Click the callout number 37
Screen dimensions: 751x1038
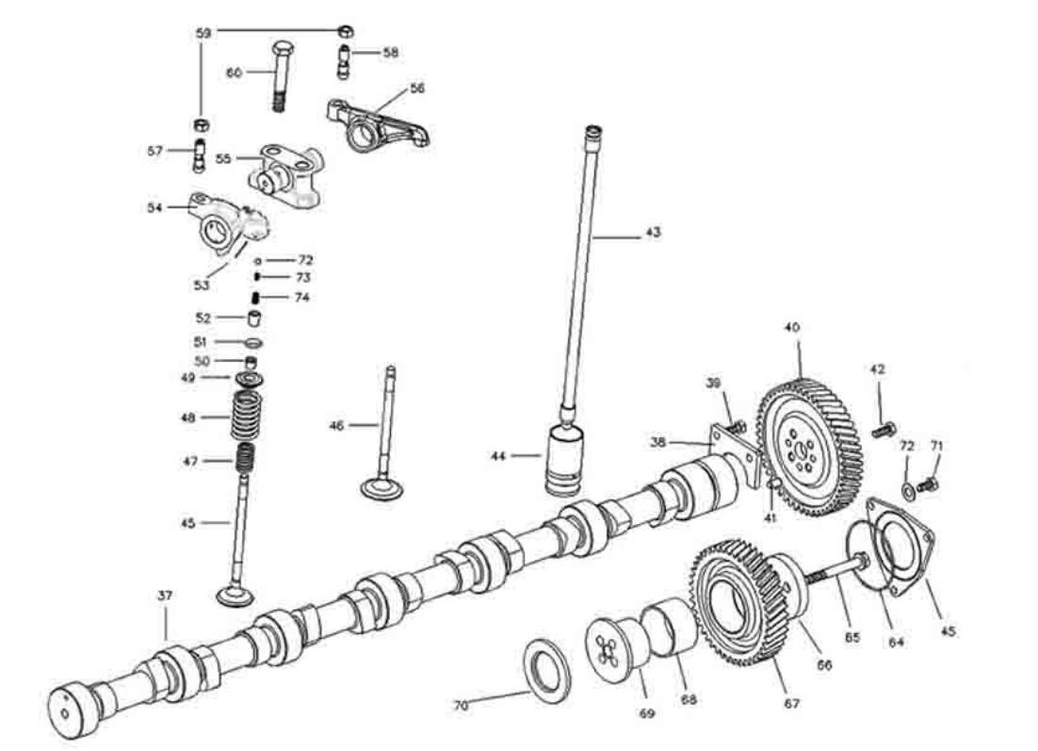166,596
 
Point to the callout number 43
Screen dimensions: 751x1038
652,232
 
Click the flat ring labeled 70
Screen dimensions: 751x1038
546,670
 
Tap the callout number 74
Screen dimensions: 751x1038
301,297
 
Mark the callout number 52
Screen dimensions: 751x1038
203,318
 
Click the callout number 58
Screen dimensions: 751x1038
391,53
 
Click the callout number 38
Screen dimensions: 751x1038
658,440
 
